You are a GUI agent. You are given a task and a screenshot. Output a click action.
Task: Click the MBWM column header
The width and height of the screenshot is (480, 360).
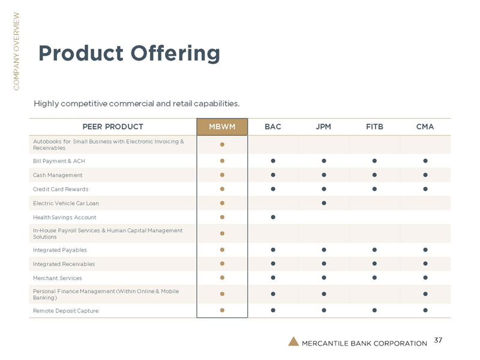coord(222,127)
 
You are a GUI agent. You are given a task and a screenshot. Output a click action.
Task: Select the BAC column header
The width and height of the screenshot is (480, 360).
coord(272,127)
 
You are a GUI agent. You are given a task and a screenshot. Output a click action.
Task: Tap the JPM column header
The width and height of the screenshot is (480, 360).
coord(323,127)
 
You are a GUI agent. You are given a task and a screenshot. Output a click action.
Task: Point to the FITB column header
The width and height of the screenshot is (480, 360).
coord(374,127)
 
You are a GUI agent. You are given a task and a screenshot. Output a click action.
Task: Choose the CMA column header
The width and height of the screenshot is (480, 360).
coord(425,127)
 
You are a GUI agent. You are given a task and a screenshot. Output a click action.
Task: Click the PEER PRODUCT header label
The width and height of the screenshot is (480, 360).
coord(113,127)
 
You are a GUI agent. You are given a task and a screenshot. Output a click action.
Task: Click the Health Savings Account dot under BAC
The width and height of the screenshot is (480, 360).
coord(272,217)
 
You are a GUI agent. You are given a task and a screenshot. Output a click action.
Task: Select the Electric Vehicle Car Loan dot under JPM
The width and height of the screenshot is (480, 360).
coord(323,203)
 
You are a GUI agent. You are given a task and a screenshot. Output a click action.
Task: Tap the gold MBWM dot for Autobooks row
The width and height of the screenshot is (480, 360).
coord(222,145)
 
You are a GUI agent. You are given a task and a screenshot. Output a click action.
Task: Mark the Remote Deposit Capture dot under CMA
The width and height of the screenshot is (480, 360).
coord(425,310)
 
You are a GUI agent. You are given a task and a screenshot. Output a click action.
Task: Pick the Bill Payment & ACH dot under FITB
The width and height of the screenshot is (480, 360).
coord(374,161)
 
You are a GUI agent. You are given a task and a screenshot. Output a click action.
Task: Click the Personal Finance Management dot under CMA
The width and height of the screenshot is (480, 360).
coord(425,294)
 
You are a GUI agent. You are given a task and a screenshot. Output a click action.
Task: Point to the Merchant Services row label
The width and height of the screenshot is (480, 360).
coord(57,278)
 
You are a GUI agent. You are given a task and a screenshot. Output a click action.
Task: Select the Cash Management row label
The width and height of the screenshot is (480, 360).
coord(57,175)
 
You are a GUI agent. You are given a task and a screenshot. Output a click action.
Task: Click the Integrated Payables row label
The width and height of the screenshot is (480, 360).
coord(59,250)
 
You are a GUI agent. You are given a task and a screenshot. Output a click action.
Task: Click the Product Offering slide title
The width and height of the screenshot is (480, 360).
coord(129,53)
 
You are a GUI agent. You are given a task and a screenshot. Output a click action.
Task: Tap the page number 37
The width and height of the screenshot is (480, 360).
coord(437,341)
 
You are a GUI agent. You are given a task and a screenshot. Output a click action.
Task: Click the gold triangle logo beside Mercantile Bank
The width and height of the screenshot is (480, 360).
coord(293,342)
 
